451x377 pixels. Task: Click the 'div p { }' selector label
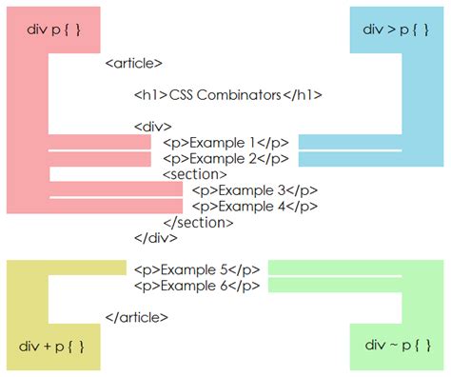(53, 30)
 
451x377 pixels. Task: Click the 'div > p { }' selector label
(398, 30)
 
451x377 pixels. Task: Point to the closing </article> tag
(137, 317)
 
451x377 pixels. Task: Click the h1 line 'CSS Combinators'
(228, 95)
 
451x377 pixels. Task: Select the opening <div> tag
(153, 127)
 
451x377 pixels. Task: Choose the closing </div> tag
(156, 238)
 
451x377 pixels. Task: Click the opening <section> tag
(195, 174)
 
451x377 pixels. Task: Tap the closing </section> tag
(198, 222)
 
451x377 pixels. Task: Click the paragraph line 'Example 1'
(225, 143)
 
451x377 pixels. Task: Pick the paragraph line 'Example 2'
(225, 158)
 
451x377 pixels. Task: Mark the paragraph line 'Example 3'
(255, 189)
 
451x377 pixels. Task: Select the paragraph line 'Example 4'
(255, 206)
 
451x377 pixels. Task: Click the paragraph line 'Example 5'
(197, 269)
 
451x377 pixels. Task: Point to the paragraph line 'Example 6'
(197, 286)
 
